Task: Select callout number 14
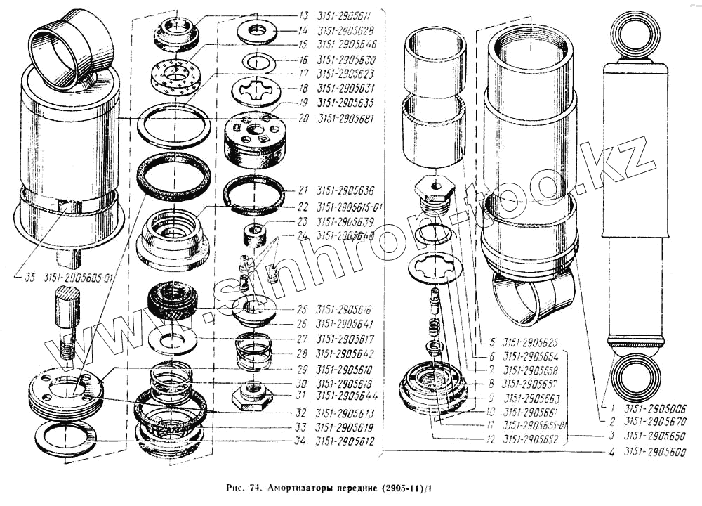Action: [303, 30]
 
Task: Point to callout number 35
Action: [29, 278]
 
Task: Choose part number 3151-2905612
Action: [345, 441]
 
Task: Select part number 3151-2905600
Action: [656, 452]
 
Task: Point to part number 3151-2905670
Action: [656, 422]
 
